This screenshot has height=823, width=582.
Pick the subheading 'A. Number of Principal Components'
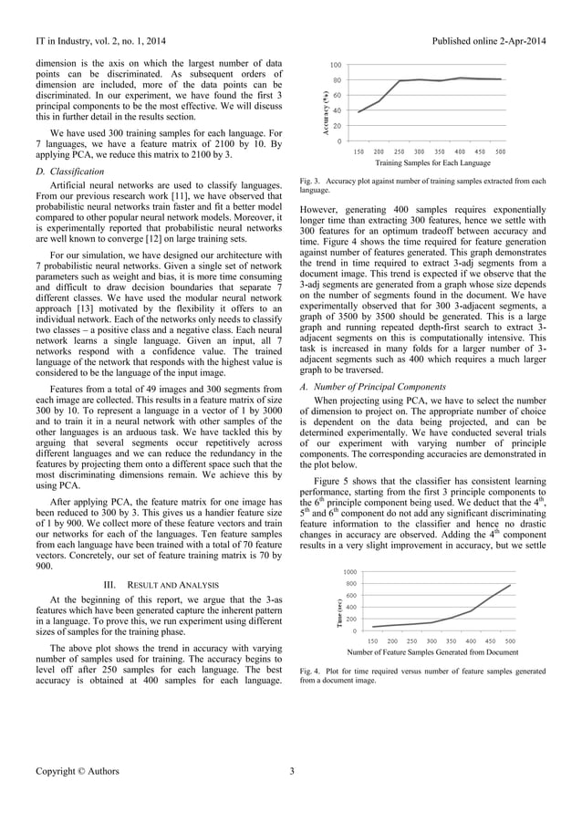(x=369, y=387)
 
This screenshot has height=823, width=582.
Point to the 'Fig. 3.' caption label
(x=310, y=182)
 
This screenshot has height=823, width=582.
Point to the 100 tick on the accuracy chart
(x=337, y=65)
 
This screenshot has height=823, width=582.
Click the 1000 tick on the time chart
(x=350, y=570)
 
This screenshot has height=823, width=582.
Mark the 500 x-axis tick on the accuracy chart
(x=500, y=151)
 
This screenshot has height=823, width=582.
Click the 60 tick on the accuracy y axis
(x=338, y=95)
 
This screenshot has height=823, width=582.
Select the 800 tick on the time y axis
(x=351, y=582)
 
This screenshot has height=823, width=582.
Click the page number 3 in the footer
(x=291, y=771)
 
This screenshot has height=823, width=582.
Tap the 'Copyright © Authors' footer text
(x=78, y=771)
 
